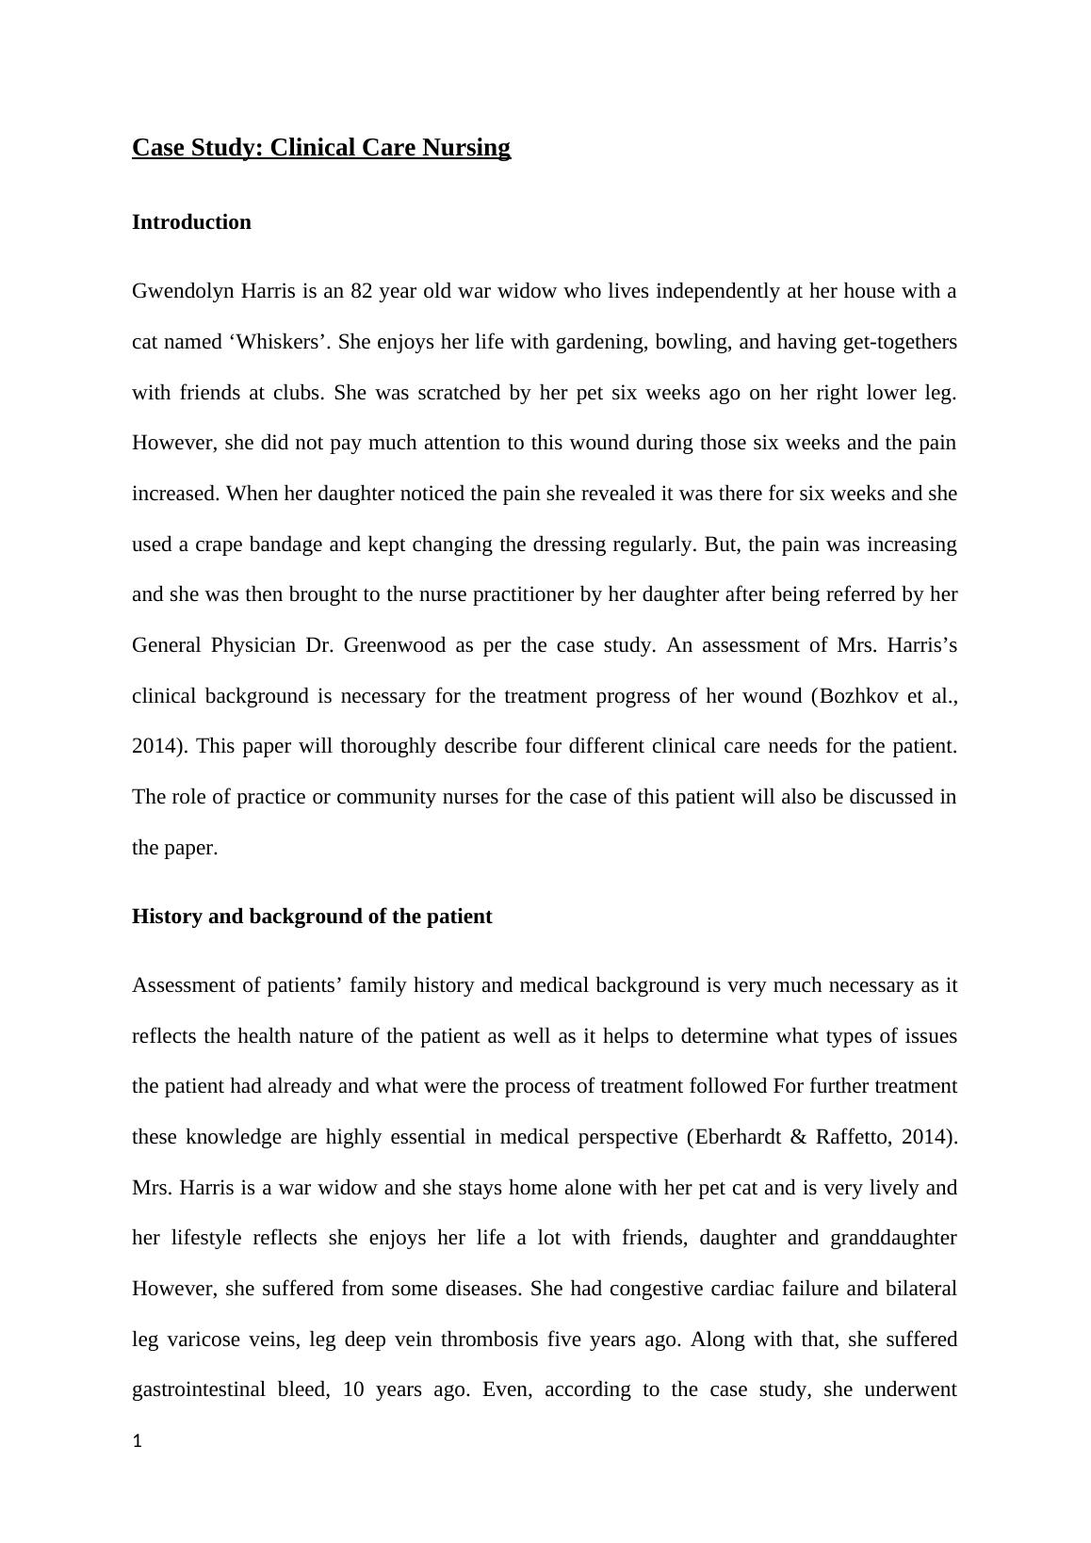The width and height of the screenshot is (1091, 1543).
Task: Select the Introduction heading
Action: (191, 222)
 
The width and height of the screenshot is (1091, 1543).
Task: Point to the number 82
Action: (362, 291)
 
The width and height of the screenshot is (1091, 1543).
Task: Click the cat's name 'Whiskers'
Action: (278, 342)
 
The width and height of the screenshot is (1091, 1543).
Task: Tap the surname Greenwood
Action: (395, 645)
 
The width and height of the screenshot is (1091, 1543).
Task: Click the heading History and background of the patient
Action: (312, 917)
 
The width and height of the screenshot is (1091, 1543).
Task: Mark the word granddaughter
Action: (893, 1238)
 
